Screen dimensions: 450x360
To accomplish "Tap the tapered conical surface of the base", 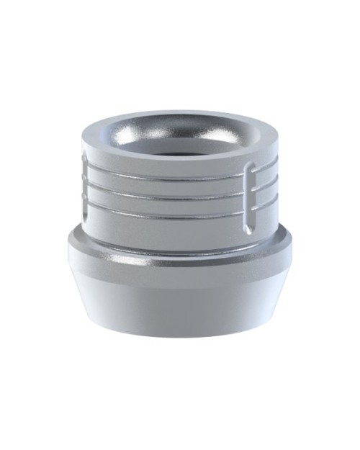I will tap(180, 295).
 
